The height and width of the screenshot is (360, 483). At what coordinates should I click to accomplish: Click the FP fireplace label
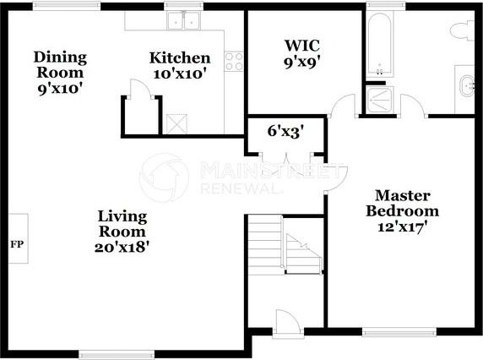tap(15, 244)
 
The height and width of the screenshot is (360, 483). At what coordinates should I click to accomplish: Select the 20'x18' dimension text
tap(122, 247)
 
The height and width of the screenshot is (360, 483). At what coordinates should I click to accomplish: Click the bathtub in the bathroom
tap(379, 44)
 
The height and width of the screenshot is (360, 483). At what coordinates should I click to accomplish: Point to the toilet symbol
tap(464, 31)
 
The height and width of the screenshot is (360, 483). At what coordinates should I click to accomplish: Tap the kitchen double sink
tap(182, 21)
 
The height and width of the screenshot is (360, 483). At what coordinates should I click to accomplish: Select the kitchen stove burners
tap(234, 61)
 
